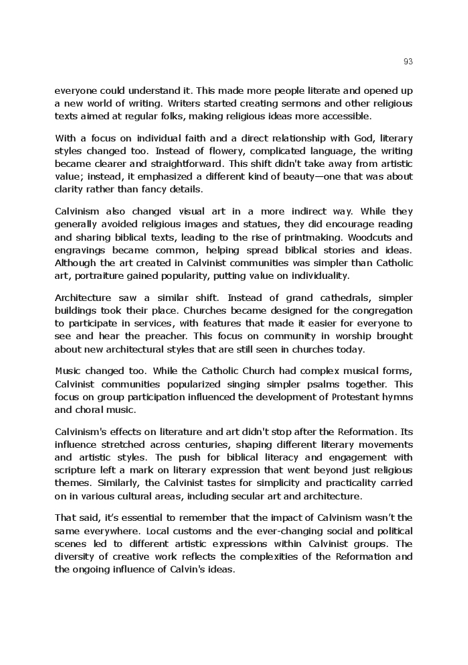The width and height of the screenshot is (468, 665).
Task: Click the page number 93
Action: pos(408,62)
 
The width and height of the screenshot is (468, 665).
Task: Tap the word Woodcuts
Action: pos(392,237)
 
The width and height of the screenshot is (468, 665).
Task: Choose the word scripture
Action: pos(76,471)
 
